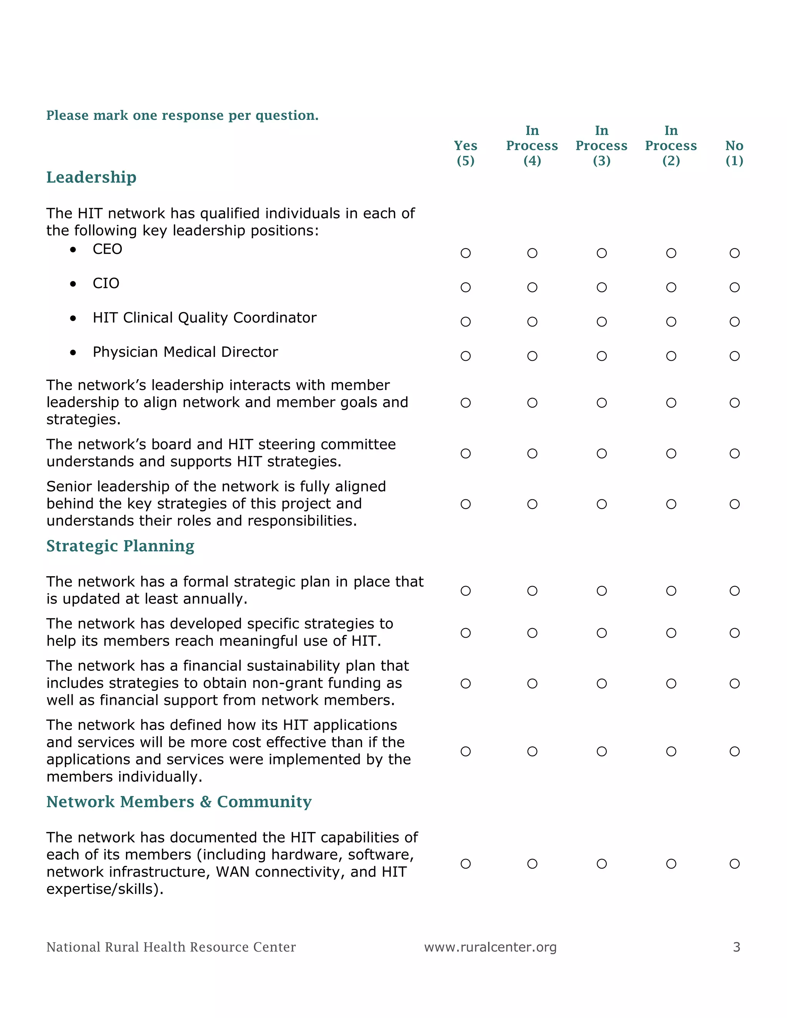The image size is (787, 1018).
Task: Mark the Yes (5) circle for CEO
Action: pyautogui.click(x=465, y=253)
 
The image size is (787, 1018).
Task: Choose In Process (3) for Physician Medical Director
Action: pyautogui.click(x=601, y=356)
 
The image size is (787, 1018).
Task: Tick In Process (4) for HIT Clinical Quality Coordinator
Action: pyautogui.click(x=532, y=322)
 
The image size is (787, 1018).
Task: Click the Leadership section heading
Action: pyautogui.click(x=91, y=177)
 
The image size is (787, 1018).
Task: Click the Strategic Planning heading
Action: pyautogui.click(x=120, y=546)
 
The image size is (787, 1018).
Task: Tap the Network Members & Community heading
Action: pyautogui.click(x=179, y=802)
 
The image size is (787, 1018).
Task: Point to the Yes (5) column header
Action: pyautogui.click(x=465, y=153)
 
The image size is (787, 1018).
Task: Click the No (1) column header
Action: pyautogui.click(x=734, y=153)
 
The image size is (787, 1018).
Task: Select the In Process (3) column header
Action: pyautogui.click(x=601, y=146)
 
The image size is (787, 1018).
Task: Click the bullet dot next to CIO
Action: pyautogui.click(x=73, y=284)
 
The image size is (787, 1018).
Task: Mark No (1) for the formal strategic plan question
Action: pyautogui.click(x=734, y=591)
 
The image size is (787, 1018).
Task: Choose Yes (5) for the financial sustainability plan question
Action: pyautogui.click(x=465, y=683)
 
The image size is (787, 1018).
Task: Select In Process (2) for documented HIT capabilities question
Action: pyautogui.click(x=671, y=864)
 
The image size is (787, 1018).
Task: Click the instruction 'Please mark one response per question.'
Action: pyautogui.click(x=182, y=115)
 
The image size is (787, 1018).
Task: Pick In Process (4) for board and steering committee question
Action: pyautogui.click(x=532, y=454)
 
